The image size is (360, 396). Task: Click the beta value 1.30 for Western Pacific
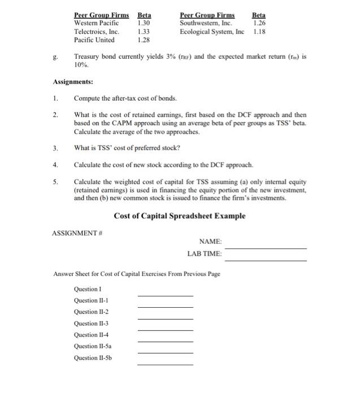coord(144,23)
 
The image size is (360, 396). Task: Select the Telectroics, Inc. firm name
coord(97,32)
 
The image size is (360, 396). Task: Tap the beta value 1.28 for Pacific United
coord(144,40)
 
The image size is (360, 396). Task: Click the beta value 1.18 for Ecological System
coord(259,32)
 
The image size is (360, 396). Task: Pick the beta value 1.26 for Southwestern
coord(259,23)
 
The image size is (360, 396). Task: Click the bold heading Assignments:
coord(73,81)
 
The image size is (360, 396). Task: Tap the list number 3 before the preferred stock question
coord(55,148)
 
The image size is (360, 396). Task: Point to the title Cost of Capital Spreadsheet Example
coord(180,216)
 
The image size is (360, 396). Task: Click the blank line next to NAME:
coord(265,248)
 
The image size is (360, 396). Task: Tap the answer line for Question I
coord(165,295)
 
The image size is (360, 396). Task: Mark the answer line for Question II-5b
coord(165,364)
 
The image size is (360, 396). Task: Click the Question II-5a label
coord(93,346)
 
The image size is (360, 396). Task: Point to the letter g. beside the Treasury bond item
coord(55,57)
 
